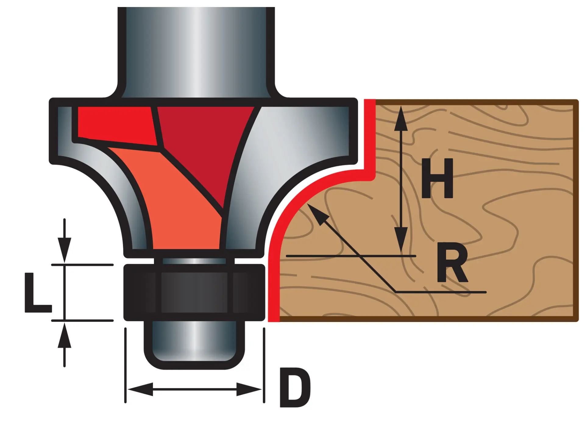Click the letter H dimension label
pyautogui.click(x=438, y=178)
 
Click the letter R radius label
pyautogui.click(x=452, y=263)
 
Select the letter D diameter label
pyautogui.click(x=295, y=387)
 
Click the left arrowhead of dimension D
pyautogui.click(x=140, y=389)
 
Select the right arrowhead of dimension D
pyautogui.click(x=249, y=389)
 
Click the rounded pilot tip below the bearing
pyautogui.click(x=194, y=344)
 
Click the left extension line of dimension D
pyautogui.click(x=125, y=366)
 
